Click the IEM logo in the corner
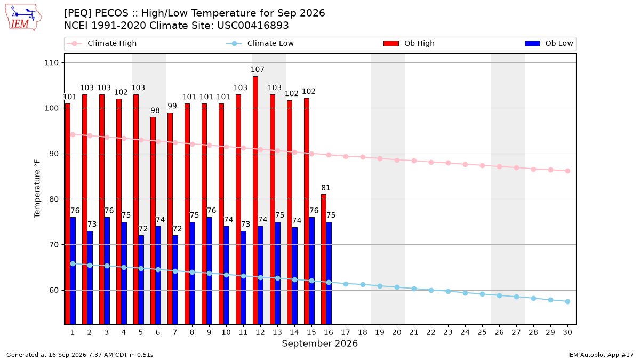tap(23, 18)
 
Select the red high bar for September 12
tap(255, 201)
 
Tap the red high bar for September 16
tap(324, 259)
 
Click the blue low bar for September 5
tap(141, 279)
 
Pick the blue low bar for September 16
tap(329, 273)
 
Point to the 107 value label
tap(258, 69)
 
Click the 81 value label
tap(326, 188)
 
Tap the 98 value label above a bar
tap(155, 110)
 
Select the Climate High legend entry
tap(102, 43)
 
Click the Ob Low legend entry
tap(549, 43)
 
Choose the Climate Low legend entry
tap(260, 43)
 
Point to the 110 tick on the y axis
tap(51, 62)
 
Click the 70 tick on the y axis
tap(54, 245)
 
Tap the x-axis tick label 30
tap(567, 332)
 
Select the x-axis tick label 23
tap(448, 332)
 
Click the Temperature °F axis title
tap(37, 189)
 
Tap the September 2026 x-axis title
tap(319, 343)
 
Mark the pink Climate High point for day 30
tap(567, 171)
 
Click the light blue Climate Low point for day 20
tap(397, 287)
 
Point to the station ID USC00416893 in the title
tap(253, 26)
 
